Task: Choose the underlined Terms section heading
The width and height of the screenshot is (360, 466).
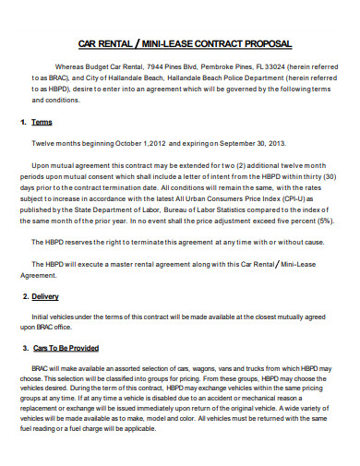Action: pos(42,122)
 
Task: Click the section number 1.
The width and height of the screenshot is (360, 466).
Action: pos(22,122)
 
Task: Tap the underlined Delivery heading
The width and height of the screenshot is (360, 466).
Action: pos(45,297)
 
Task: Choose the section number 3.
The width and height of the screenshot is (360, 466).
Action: pos(22,348)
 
